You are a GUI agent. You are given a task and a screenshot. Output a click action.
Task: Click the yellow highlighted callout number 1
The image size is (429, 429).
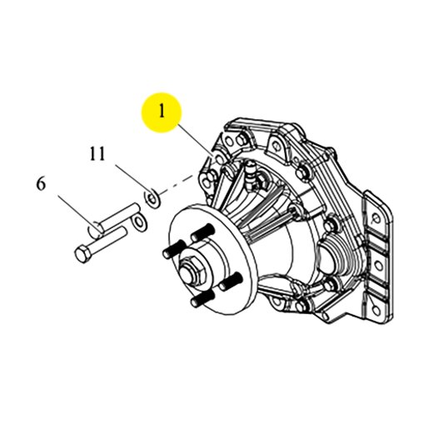click(x=162, y=112)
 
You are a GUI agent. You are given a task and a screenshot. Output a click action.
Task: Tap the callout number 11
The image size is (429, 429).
click(x=97, y=153)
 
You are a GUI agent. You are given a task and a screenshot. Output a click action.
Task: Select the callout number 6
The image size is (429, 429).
click(x=41, y=184)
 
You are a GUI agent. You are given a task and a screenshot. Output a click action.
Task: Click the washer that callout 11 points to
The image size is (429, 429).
click(x=152, y=198)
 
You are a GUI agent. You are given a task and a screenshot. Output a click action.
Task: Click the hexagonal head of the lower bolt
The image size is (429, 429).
click(x=83, y=254)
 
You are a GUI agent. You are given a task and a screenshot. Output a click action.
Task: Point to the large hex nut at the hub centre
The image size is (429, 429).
click(x=192, y=271)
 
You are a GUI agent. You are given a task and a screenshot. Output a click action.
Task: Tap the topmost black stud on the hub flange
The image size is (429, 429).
click(x=202, y=232)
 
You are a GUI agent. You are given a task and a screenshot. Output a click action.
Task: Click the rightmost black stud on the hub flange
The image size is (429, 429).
click(x=231, y=281)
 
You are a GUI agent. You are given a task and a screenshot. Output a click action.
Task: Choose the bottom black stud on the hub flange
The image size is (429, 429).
click(x=203, y=298)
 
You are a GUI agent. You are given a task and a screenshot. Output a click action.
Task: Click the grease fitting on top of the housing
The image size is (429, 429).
click(x=251, y=176)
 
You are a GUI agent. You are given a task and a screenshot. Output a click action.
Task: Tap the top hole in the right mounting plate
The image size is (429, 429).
click(x=376, y=218)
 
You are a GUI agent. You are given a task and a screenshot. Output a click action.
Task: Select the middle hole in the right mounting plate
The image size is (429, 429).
click(x=378, y=266)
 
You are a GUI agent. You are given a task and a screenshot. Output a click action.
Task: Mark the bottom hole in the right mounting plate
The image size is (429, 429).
click(x=376, y=310)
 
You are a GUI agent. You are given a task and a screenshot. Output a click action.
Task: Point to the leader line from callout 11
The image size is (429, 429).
click(x=131, y=178)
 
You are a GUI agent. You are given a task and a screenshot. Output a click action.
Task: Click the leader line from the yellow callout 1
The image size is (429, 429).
click(x=195, y=140)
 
